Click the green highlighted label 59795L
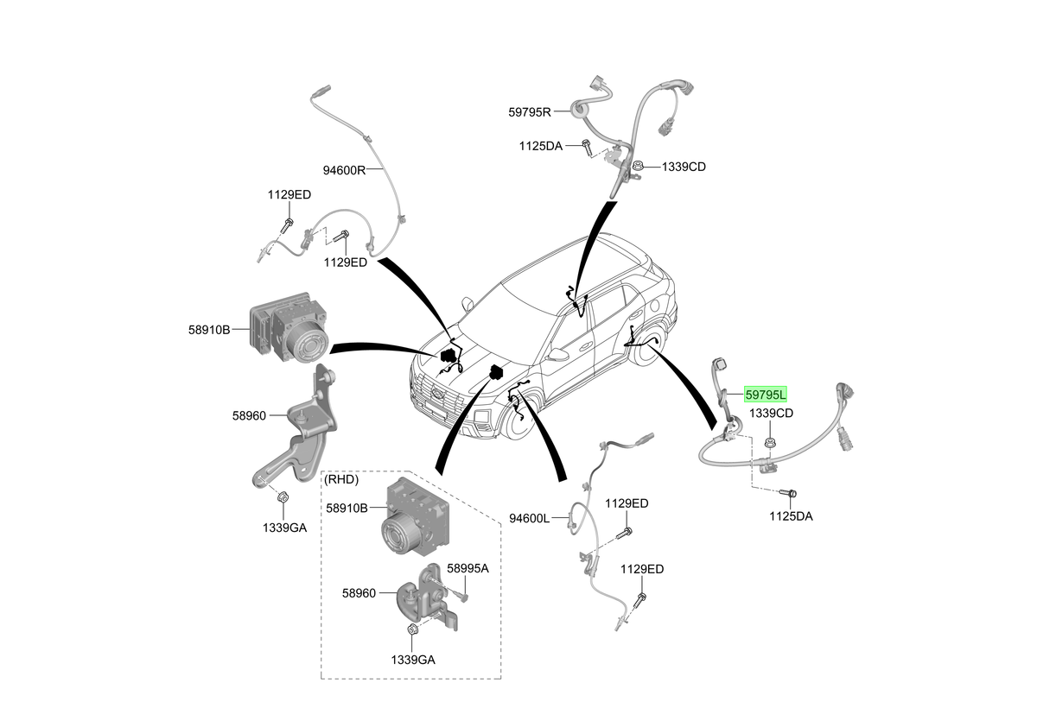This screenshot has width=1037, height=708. pos(766,395)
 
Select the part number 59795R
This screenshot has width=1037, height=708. pos(530,112)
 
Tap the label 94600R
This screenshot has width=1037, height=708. pos(344,170)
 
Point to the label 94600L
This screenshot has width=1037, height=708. pos(529,518)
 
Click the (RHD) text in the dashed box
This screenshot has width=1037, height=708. pos(341,479)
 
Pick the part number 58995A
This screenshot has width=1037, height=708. pos(468,568)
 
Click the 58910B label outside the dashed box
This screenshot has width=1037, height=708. pos(209,330)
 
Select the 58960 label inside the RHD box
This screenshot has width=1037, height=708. pos(359,593)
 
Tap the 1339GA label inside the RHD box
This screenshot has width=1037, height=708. pos(413,660)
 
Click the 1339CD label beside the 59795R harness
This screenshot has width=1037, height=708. pos(684,167)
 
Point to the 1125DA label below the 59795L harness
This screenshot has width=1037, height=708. pos(791,516)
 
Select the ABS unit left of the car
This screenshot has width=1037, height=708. pos(289,326)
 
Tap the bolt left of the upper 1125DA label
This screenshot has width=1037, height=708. pos(587,148)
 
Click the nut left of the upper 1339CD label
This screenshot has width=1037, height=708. pos(638,166)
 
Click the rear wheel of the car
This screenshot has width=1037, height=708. pos(648,345)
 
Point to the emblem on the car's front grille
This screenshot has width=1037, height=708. pos(436,393)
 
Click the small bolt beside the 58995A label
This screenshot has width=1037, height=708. pos(463,596)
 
